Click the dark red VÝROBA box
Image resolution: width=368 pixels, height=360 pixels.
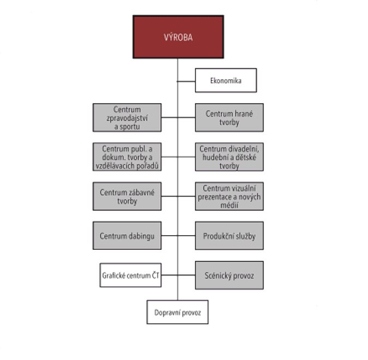point(178,37)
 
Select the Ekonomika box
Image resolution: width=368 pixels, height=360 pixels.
point(225,82)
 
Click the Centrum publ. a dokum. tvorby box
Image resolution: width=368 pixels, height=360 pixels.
point(127,157)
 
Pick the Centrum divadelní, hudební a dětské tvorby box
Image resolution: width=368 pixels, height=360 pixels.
point(229,157)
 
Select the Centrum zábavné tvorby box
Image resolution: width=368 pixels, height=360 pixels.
point(127,196)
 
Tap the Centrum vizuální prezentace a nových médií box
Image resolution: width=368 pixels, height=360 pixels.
point(229,196)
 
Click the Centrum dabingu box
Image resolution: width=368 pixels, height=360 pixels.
point(127,236)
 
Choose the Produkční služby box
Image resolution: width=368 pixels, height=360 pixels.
point(229,236)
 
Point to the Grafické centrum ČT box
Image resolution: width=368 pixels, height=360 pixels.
point(127,275)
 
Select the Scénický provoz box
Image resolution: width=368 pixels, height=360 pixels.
point(229,275)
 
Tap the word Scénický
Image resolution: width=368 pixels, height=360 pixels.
point(218,275)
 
